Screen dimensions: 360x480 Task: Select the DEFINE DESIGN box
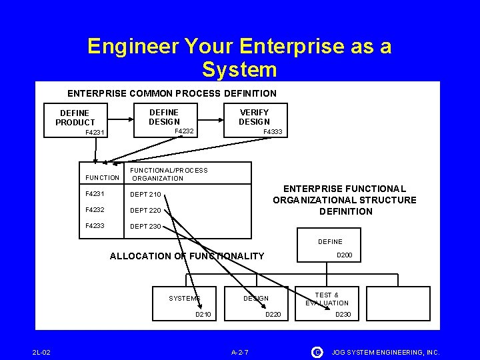(x=164, y=118)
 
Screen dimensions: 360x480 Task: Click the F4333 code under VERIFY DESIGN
(x=273, y=132)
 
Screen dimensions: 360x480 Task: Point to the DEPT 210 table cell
(x=145, y=195)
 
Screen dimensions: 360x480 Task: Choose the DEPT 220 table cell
(x=145, y=210)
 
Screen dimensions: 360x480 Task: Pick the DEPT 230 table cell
(x=145, y=226)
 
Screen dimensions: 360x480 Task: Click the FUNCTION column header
(x=103, y=178)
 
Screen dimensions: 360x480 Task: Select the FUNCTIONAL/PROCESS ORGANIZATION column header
(x=169, y=174)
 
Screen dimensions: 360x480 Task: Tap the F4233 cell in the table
(x=96, y=226)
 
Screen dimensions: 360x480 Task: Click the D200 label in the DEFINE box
(x=345, y=255)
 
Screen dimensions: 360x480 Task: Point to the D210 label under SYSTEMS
(x=203, y=313)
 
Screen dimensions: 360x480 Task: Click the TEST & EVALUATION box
(x=327, y=299)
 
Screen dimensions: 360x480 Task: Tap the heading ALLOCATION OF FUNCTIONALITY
(x=187, y=256)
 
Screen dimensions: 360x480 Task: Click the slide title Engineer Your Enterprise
(x=239, y=57)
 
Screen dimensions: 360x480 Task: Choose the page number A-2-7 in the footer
(x=240, y=351)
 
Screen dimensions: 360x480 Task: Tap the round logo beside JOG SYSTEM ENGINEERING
(x=317, y=351)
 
